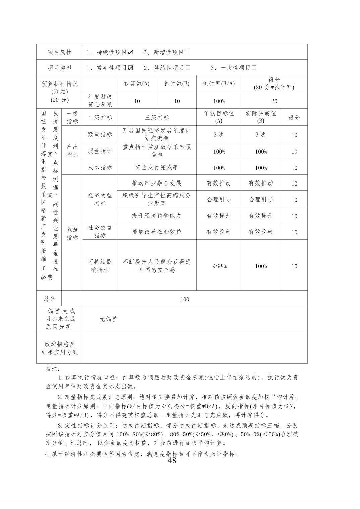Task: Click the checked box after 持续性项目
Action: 130,52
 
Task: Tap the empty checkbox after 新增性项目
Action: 187,52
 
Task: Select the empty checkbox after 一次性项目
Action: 254,68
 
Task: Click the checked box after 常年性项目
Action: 130,68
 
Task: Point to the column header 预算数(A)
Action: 137,84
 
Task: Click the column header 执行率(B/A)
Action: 219,84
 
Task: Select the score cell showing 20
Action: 274,101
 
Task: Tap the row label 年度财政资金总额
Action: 100,100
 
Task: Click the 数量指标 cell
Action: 100,134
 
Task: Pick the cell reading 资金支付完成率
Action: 157,167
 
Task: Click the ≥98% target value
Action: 219,266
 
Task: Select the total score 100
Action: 185,299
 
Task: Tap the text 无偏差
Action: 108,319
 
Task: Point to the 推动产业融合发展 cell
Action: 157,183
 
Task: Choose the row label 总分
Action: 49,299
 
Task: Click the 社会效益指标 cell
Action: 100,231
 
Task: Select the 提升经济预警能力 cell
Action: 157,215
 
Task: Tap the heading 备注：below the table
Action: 53,369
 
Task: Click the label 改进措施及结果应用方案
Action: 60,348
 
